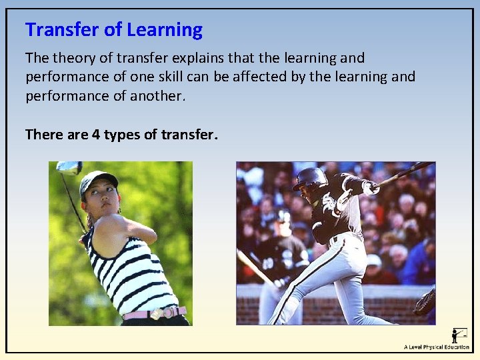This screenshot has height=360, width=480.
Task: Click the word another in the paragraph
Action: tap(155, 95)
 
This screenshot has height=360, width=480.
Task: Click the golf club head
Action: tap(67, 167)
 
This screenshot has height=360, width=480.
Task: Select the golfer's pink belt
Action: tap(154, 313)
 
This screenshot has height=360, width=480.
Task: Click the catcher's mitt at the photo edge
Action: tap(425, 303)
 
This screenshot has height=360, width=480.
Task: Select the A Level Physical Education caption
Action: tap(436, 347)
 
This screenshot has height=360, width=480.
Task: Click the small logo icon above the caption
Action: tap(459, 335)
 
